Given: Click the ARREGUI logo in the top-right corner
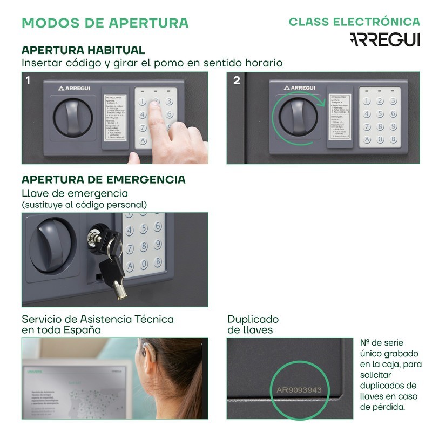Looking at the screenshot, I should pyautogui.click(x=384, y=39).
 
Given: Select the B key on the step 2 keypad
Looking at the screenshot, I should pyautogui.click(x=394, y=139).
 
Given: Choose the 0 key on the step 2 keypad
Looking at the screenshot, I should pyautogui.click(x=380, y=139).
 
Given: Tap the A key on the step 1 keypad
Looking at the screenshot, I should pyautogui.click(x=143, y=140).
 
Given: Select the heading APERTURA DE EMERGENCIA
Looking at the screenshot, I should pyautogui.click(x=103, y=179).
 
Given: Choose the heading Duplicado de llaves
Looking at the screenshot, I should pyautogui.click(x=253, y=324).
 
